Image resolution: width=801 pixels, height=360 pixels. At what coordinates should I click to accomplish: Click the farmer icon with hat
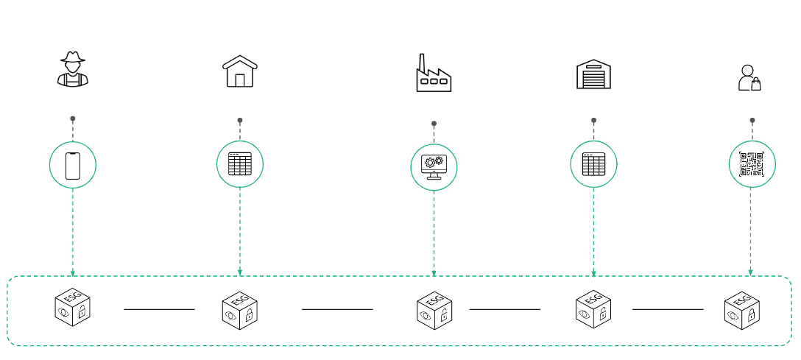coord(72,69)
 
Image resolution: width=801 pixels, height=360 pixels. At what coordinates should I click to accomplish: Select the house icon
coord(240,71)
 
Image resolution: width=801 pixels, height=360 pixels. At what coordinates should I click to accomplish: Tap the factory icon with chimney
coord(434,74)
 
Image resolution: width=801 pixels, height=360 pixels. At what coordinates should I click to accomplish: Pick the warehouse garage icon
coord(593,74)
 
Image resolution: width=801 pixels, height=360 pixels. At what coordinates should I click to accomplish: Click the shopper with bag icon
coord(749,78)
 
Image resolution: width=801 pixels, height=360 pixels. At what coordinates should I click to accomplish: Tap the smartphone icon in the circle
coord(72,165)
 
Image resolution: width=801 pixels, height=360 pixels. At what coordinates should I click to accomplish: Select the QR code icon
coord(752,164)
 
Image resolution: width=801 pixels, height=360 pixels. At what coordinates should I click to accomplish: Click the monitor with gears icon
coord(434,167)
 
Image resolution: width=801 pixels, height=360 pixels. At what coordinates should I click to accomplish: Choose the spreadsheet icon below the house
coord(240,163)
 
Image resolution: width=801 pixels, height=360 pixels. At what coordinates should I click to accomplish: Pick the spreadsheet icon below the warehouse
coord(593,163)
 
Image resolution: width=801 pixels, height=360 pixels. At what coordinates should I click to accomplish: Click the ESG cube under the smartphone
coord(72,307)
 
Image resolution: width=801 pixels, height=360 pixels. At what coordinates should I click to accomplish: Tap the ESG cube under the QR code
coord(741,310)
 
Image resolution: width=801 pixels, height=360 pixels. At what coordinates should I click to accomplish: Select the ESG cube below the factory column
coord(434,310)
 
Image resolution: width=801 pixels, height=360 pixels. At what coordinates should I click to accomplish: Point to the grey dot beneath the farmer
coord(72,119)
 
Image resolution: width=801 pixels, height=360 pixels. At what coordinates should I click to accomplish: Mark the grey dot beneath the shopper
coord(752,120)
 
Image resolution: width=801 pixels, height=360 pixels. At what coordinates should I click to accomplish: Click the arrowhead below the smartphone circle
coord(72,273)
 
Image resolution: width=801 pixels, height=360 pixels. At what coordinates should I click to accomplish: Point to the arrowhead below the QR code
coord(750,273)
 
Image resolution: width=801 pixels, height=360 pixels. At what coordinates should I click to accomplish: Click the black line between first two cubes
coord(159,309)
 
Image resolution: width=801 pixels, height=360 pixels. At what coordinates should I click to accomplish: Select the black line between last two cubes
coord(667,309)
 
